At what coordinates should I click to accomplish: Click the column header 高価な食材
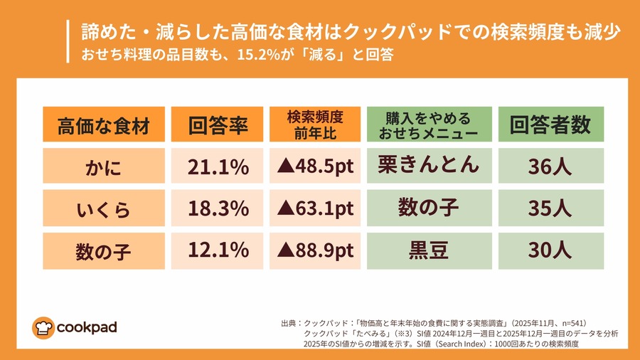pos(104,125)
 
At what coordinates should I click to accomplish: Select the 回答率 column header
pos(218,125)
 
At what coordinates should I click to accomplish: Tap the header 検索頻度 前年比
pos(314,125)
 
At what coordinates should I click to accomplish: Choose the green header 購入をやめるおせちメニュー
pos(428,125)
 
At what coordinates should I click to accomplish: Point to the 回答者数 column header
pos(550,125)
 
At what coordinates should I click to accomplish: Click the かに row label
pos(104,167)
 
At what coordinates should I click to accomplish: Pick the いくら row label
pos(104,208)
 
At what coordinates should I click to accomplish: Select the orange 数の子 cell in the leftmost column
pos(104,250)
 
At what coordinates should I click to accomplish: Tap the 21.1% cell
pos(218,167)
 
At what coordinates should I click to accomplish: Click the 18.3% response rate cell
pos(218,208)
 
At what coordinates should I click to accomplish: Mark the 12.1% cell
pos(218,250)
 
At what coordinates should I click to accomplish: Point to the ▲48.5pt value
pos(314,167)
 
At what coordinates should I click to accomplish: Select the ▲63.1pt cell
pos(314,208)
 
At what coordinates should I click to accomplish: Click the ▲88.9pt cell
pos(314,250)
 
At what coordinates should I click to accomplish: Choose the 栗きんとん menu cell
pos(428,166)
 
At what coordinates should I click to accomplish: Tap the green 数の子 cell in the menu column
pos(428,208)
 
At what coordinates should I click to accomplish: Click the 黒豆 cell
pos(428,250)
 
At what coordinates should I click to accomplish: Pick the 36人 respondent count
pos(550,167)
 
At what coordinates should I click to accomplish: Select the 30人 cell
pos(550,250)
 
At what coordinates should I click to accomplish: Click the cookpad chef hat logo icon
pos(43,327)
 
